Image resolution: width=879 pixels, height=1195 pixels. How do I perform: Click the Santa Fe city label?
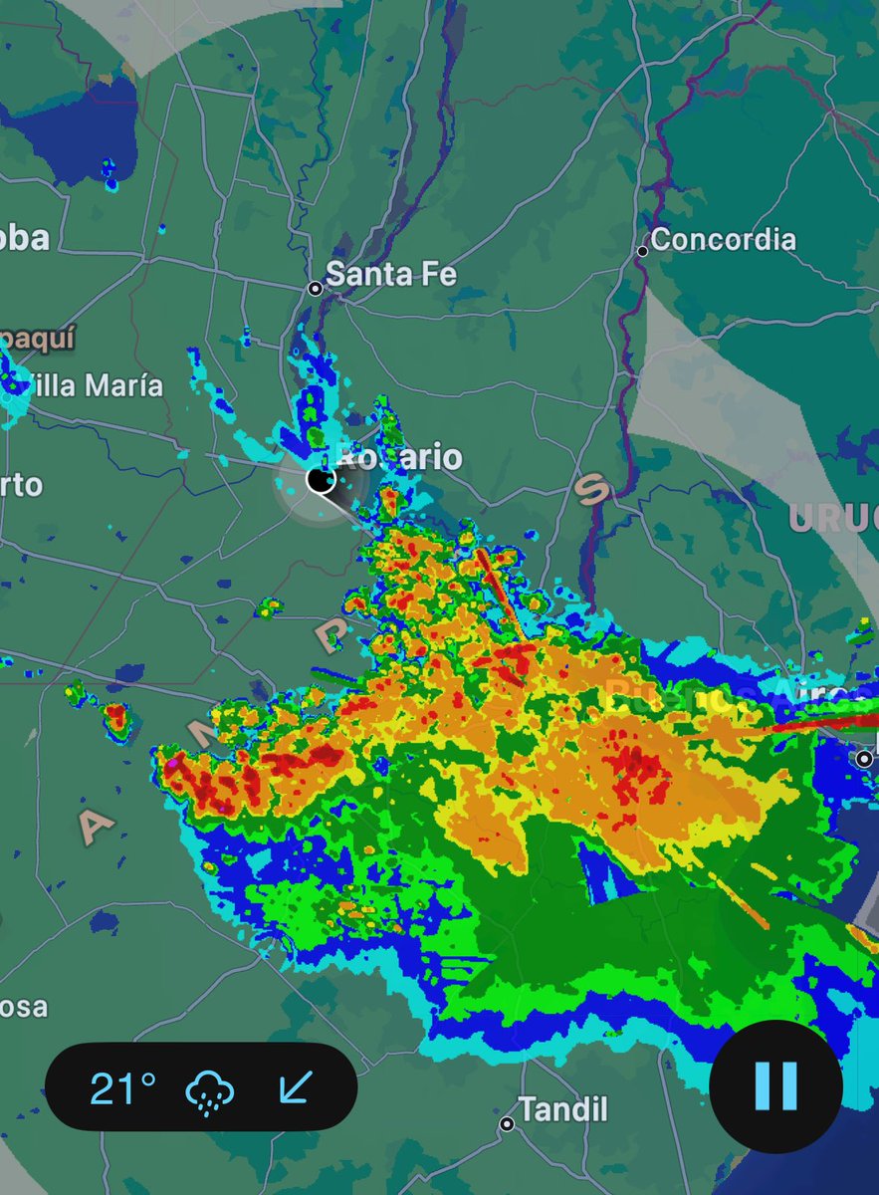[x=390, y=274]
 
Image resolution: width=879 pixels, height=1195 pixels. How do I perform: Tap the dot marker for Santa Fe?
[x=315, y=289]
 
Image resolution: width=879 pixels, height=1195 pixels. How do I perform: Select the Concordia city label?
[x=724, y=240]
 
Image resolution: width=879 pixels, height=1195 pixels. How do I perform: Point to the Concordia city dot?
[x=643, y=251]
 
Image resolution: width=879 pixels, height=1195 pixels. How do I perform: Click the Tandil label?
[x=564, y=1109]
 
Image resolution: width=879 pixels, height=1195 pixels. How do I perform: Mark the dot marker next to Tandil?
[x=507, y=1124]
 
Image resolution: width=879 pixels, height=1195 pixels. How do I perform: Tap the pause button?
[x=775, y=1085]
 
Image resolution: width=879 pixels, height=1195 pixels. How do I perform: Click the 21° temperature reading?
[x=122, y=1088]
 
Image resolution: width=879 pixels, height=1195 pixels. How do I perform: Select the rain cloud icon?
[x=210, y=1090]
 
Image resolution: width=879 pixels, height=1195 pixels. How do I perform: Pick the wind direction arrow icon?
[x=294, y=1087]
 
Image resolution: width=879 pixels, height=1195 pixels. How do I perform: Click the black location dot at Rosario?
[x=320, y=480]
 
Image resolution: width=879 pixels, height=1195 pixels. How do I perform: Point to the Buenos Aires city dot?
[x=863, y=759]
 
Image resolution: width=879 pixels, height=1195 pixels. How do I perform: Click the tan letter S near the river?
[x=592, y=488]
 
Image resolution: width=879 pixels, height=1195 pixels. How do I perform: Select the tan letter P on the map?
[x=331, y=634]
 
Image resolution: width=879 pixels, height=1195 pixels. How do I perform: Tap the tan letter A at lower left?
[x=97, y=826]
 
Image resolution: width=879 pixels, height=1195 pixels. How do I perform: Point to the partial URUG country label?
[x=834, y=518]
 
